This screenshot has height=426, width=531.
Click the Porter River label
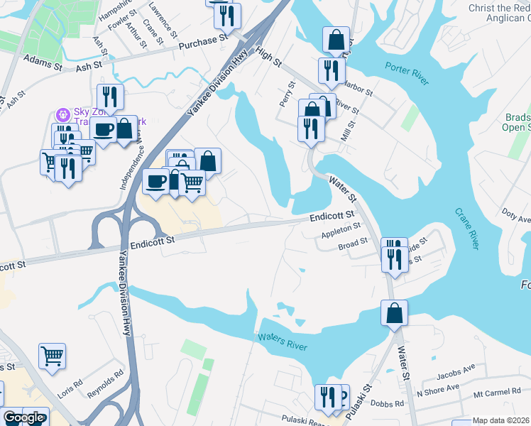[x=407, y=73]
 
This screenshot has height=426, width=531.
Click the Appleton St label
[x=341, y=229]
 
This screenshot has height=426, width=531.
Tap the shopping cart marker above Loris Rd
[x=53, y=356]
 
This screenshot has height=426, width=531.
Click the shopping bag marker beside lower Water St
[x=394, y=313]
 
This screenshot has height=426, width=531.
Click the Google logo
[x=24, y=417]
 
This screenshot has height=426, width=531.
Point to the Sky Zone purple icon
[x=63, y=114]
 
